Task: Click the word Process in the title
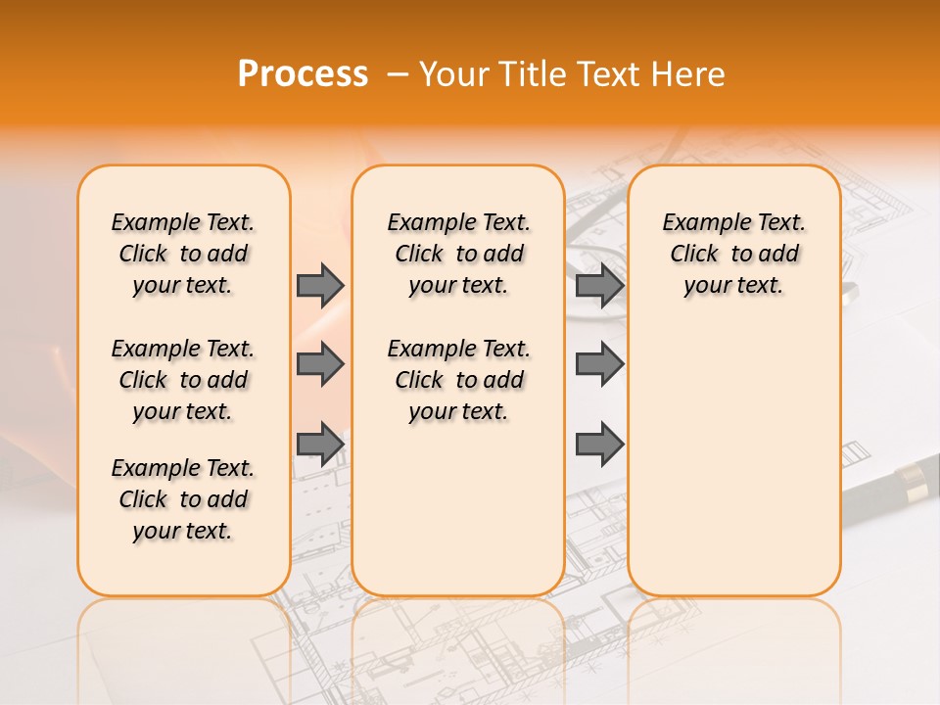pos(303,74)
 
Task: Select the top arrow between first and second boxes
pos(320,286)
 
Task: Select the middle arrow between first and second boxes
pos(320,364)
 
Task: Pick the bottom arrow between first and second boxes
pos(320,444)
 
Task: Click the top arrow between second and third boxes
pos(599,286)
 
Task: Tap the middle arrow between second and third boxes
pos(599,364)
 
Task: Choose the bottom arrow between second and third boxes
pos(599,444)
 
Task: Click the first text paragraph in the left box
pos(183,254)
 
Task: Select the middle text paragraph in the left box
pos(183,380)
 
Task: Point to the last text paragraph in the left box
pos(183,499)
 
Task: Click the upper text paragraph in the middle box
pos(458,254)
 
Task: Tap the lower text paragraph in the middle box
pos(458,380)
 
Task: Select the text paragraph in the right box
pos(733,254)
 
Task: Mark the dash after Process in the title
pos(398,75)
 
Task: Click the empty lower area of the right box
pos(733,460)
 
